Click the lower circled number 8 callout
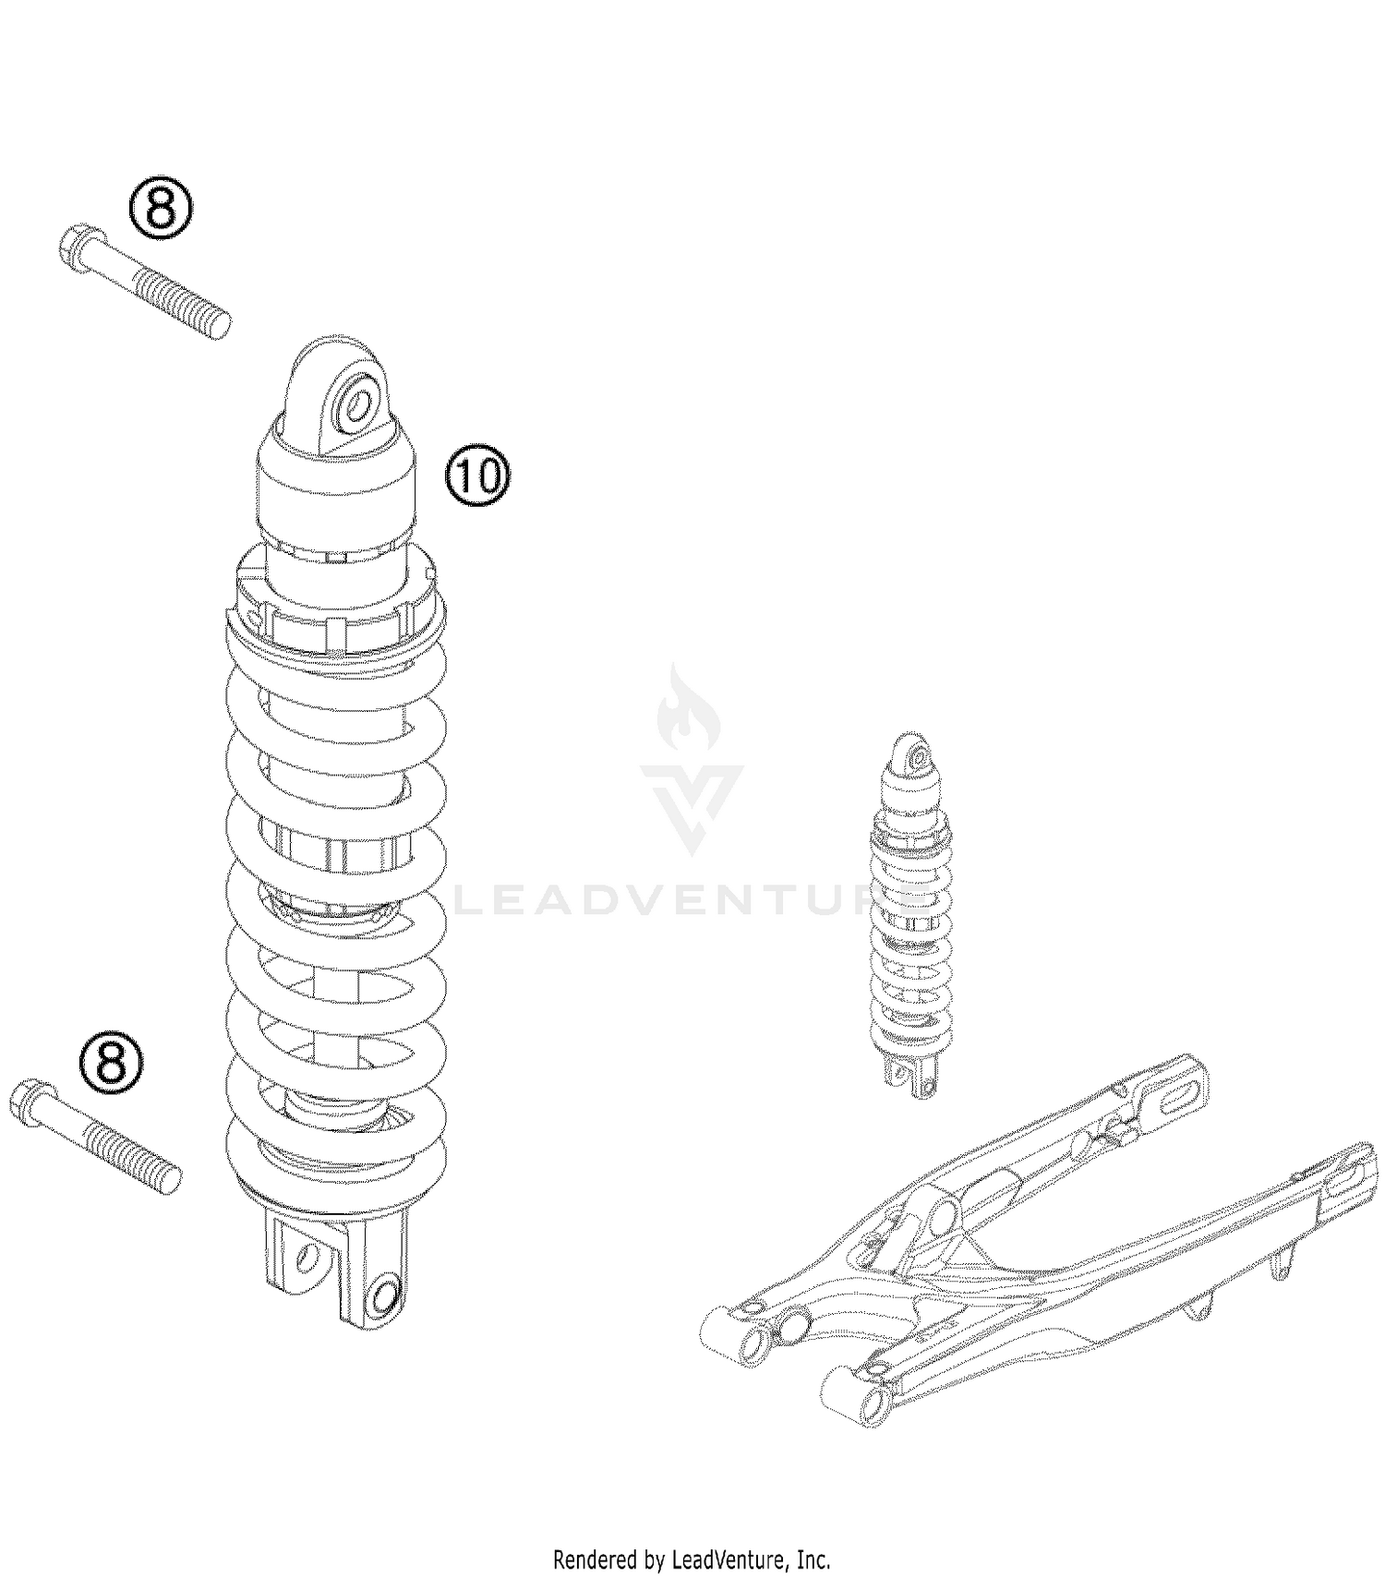pyautogui.click(x=111, y=1062)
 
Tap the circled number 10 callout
pyautogui.click(x=478, y=476)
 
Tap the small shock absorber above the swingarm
pyautogui.click(x=910, y=914)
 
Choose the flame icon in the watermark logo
pyautogui.click(x=686, y=711)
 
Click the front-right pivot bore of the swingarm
pyautogui.click(x=868, y=1402)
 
